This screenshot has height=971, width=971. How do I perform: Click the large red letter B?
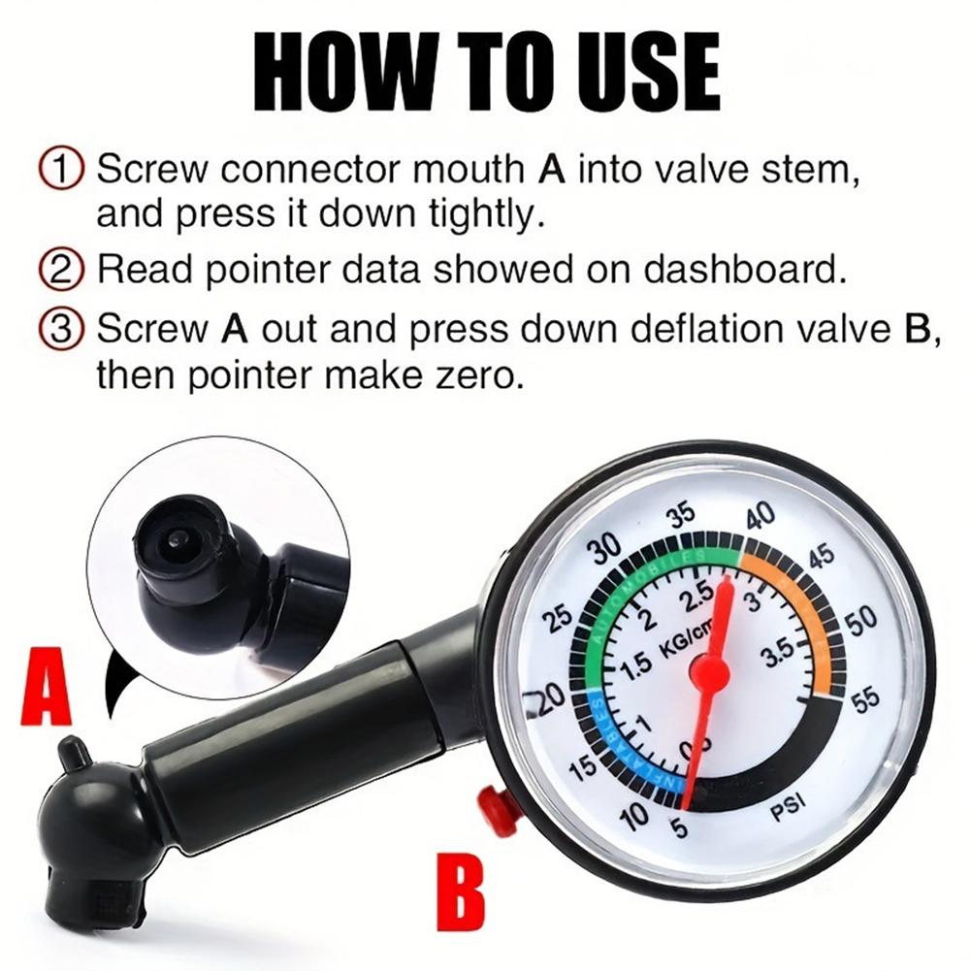pyautogui.click(x=457, y=890)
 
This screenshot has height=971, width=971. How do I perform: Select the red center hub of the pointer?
pyautogui.click(x=709, y=671)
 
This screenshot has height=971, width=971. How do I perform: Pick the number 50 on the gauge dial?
pyautogui.click(x=860, y=621)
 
